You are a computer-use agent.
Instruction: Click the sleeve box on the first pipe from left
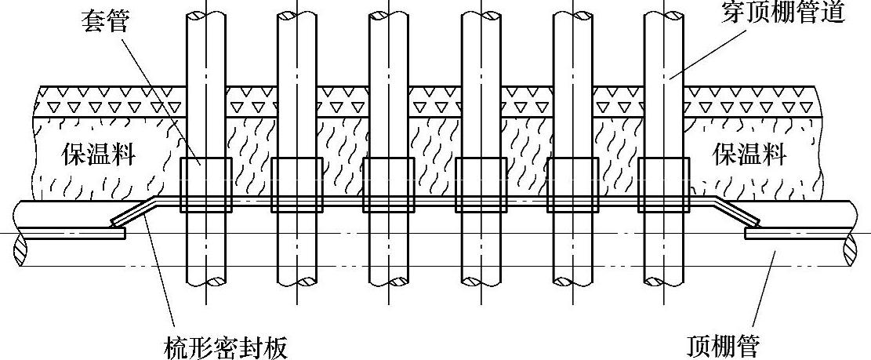206,185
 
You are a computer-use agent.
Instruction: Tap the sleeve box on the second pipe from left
297,185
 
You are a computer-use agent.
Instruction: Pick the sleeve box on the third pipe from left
389,185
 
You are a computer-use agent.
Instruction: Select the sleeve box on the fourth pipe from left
481,185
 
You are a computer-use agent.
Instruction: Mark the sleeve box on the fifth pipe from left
572,185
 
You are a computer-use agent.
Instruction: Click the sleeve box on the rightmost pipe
664,185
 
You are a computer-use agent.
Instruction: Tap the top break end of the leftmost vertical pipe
206,14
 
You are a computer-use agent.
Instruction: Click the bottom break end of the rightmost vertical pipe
664,280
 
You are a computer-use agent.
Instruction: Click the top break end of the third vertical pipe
389,14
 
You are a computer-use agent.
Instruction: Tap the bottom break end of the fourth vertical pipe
481,280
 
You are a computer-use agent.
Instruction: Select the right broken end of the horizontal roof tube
855,235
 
